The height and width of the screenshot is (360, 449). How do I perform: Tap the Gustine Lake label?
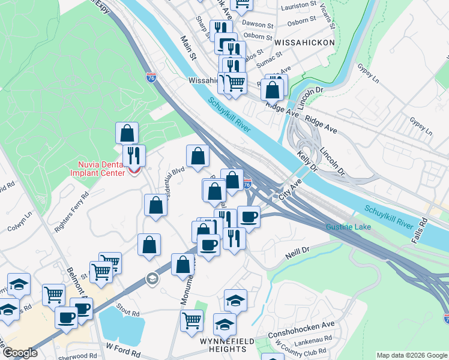coord(348,227)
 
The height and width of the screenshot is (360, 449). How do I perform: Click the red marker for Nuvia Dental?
coord(134,171)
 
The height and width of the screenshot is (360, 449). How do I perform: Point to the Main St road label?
coord(189,48)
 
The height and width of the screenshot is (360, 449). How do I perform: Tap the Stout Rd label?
coord(128,312)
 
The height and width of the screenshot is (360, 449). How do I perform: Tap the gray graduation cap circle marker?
coord(152,278)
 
